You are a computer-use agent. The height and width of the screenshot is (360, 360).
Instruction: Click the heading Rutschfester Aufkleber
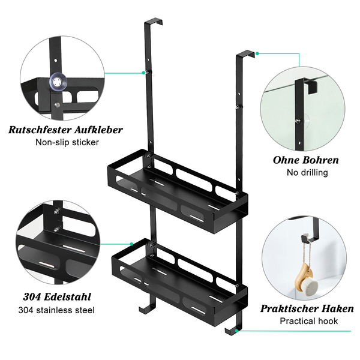point(66,130)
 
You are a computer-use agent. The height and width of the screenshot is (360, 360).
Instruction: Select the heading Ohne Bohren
point(306,160)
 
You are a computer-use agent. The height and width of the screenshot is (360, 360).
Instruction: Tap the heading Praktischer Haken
point(307,308)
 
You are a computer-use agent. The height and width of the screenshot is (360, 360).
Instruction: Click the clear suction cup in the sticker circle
point(58,80)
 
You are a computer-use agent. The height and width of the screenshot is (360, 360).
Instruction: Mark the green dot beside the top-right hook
point(257,53)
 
